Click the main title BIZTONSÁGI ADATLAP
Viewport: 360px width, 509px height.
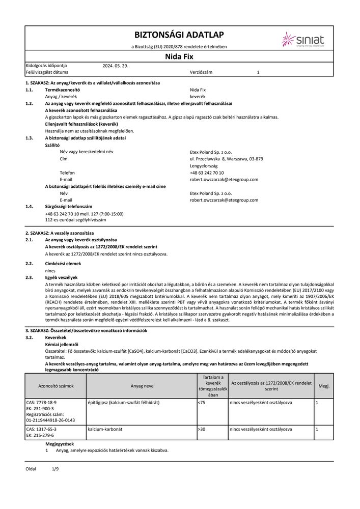[x=179, y=35]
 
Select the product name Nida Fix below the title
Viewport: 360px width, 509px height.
[x=179, y=57]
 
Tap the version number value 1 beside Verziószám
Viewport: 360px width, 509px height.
[x=258, y=73]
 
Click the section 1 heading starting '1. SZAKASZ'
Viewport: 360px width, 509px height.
[x=93, y=82]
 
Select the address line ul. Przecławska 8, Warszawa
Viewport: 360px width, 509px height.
[x=226, y=159]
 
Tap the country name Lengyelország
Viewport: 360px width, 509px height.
[x=204, y=166]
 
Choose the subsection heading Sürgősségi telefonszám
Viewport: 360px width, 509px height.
[x=69, y=207]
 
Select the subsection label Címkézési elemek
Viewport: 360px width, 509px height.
[x=63, y=264]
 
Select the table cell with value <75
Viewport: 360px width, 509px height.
[x=201, y=403]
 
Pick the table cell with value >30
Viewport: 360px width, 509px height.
[x=201, y=430]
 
